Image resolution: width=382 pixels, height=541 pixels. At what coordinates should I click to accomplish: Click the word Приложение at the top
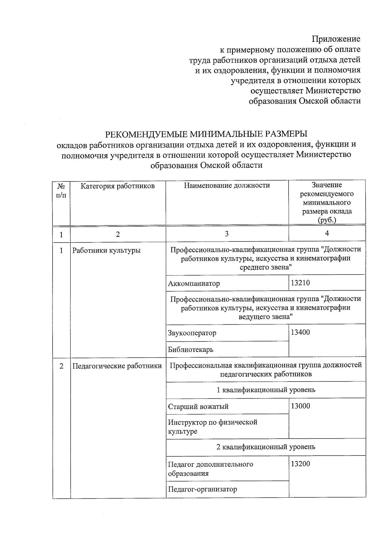point(336,39)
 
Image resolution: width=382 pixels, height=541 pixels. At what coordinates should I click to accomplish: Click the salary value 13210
point(300,283)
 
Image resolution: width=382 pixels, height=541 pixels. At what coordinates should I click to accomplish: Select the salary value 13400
point(300,332)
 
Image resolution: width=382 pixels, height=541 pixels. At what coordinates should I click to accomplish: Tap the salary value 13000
point(300,406)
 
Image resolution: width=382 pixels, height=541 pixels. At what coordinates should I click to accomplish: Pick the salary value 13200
point(300,464)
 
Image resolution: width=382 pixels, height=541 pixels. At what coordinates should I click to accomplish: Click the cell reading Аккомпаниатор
point(194,283)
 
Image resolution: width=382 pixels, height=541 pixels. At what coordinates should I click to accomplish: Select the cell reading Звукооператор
point(192,333)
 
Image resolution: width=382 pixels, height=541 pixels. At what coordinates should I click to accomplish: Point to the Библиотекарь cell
point(191,349)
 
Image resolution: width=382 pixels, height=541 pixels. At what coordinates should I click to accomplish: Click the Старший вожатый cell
point(198,406)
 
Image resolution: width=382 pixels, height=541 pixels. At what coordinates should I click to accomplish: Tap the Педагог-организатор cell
point(202,489)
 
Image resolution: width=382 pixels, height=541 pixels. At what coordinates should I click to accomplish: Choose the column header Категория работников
point(117,186)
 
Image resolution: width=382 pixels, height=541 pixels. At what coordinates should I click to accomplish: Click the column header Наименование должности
point(227,185)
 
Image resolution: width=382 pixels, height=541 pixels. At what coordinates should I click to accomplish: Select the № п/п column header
point(61,190)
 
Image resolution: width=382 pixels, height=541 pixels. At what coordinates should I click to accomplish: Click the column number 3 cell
point(227,234)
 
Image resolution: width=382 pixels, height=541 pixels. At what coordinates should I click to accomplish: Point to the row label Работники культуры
point(106,250)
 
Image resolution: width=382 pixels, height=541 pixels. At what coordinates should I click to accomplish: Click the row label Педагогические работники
point(117,366)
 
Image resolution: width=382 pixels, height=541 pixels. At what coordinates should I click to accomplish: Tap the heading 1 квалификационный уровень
point(266,390)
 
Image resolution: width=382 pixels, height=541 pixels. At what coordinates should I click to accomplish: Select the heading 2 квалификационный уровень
point(266,447)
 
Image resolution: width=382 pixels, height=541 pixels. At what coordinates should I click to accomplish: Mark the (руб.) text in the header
point(327,220)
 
